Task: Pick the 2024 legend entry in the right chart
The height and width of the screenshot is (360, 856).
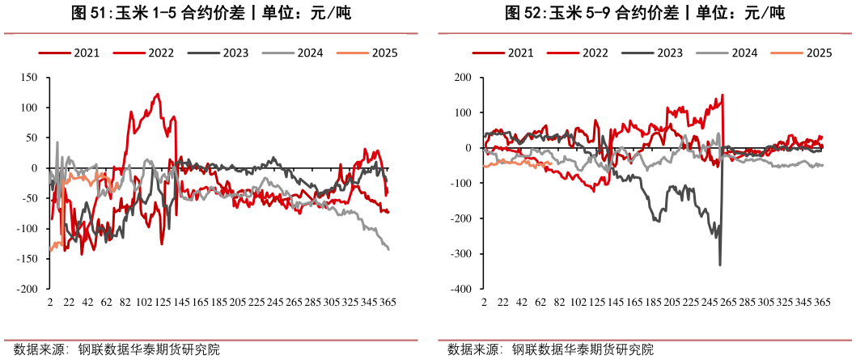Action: point(744,53)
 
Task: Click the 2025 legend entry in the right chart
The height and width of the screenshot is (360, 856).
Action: point(819,53)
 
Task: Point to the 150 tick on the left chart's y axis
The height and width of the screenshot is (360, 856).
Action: point(30,78)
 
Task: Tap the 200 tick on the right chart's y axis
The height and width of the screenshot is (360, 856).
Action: point(464,78)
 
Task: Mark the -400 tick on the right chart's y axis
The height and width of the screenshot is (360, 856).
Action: point(461,289)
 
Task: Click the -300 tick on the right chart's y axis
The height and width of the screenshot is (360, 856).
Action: point(461,254)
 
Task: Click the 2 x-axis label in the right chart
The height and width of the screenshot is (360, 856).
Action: point(484,302)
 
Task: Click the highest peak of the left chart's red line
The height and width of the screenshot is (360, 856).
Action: point(157,94)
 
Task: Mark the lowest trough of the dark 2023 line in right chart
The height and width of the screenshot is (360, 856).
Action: point(720,265)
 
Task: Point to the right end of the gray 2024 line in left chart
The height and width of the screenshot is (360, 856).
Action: point(388,249)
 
